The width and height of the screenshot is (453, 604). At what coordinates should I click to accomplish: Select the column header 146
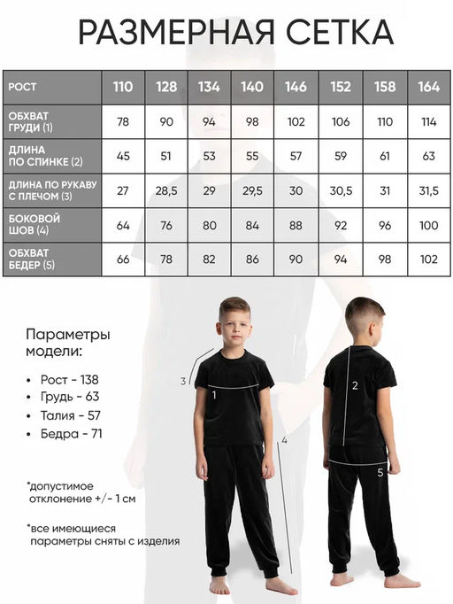tap(296, 87)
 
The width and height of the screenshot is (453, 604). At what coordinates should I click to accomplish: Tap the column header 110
tap(123, 87)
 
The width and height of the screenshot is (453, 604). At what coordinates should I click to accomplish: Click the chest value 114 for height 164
tap(429, 121)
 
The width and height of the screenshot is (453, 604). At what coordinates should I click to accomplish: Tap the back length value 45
tap(123, 156)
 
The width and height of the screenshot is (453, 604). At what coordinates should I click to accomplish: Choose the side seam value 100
tap(429, 225)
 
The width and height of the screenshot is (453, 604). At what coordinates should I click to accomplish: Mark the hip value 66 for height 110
tap(123, 259)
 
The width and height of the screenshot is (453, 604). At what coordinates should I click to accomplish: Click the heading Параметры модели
tap(67, 345)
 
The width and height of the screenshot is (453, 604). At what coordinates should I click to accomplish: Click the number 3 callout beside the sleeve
tap(182, 381)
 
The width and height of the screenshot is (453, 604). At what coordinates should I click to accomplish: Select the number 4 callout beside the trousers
tap(285, 439)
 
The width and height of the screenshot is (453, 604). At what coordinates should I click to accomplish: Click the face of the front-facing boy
tap(234, 324)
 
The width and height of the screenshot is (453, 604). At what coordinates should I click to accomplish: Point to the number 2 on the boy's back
tap(355, 384)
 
